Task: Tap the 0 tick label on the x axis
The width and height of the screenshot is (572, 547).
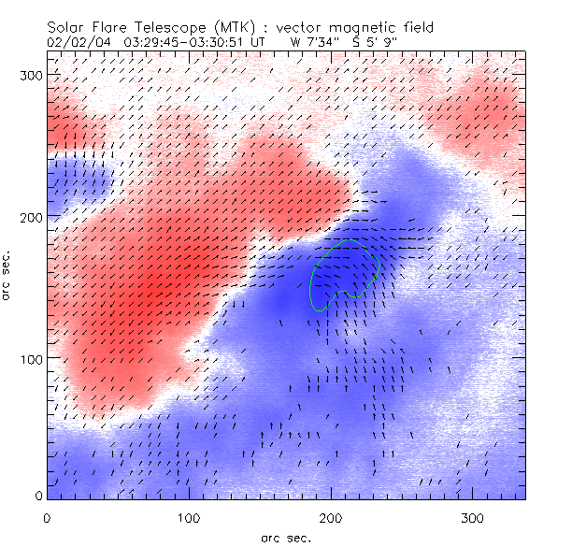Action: tap(46, 517)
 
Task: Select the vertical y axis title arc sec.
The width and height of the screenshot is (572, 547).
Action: tap(8, 277)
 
